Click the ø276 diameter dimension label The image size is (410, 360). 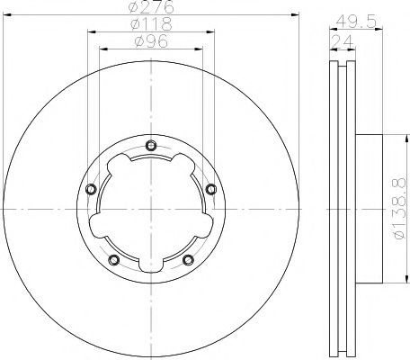[151, 6]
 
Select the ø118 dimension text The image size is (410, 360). [151, 24]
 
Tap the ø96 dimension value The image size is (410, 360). [151, 41]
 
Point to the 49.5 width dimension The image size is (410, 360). [356, 22]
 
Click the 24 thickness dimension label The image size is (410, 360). [343, 41]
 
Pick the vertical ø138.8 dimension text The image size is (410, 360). [398, 209]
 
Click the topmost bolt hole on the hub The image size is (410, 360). [151, 146]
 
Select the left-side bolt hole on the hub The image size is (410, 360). [91, 189]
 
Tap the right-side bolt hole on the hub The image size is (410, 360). [211, 189]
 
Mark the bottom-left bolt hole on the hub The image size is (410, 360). [114, 260]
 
